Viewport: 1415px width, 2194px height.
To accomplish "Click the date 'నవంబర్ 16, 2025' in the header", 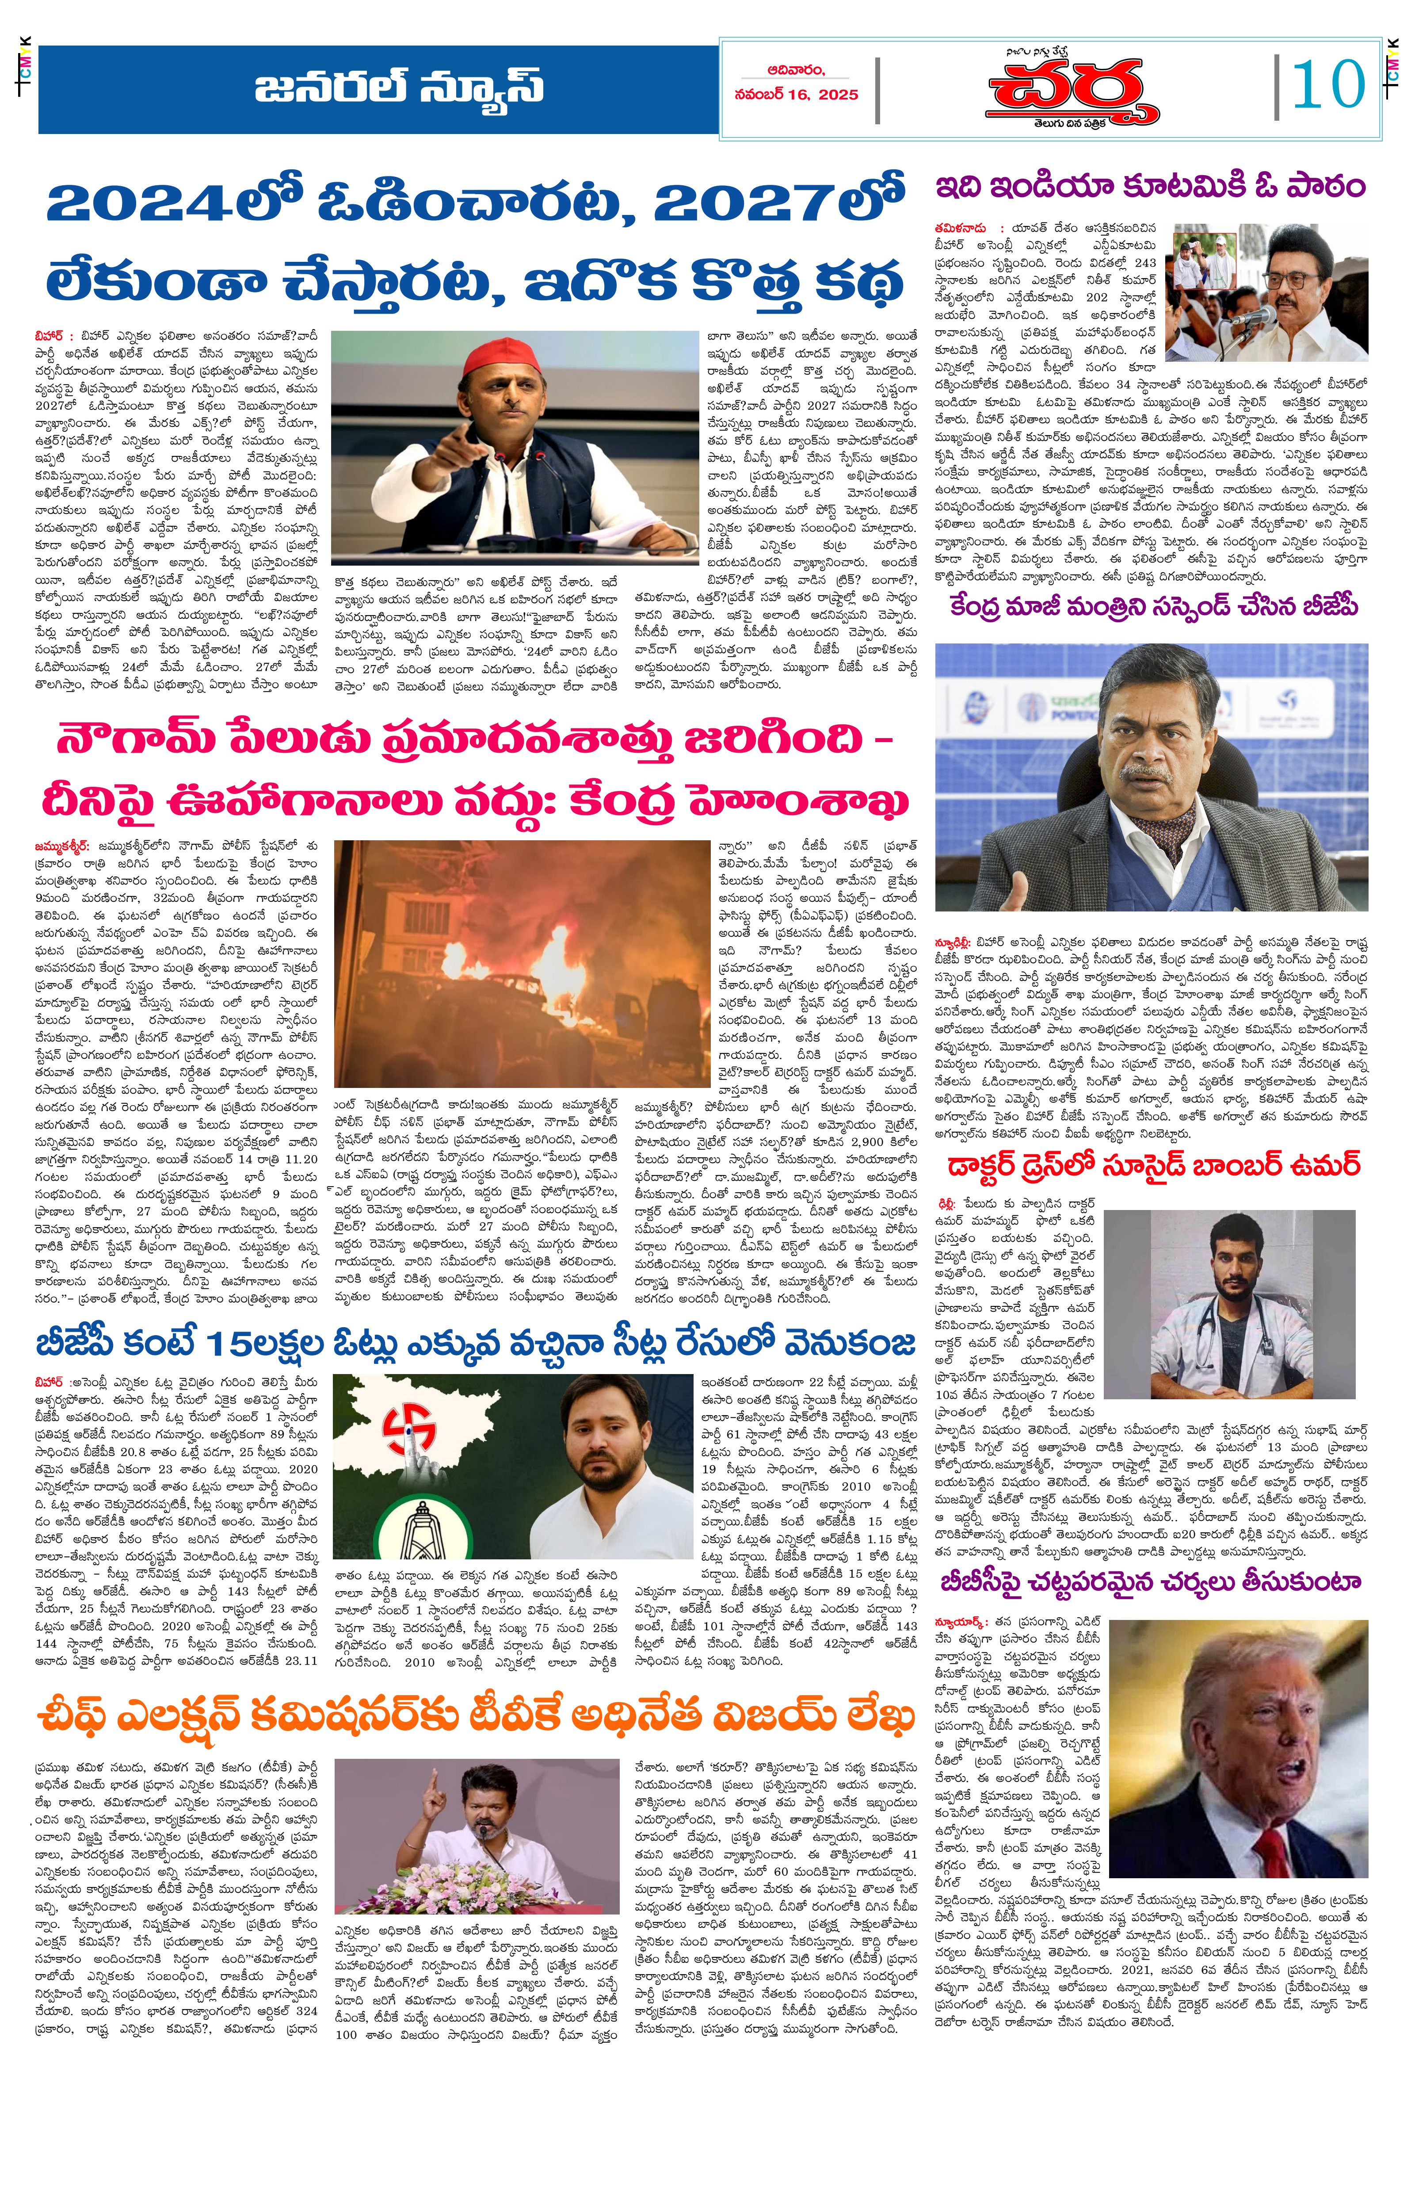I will pos(796,95).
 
